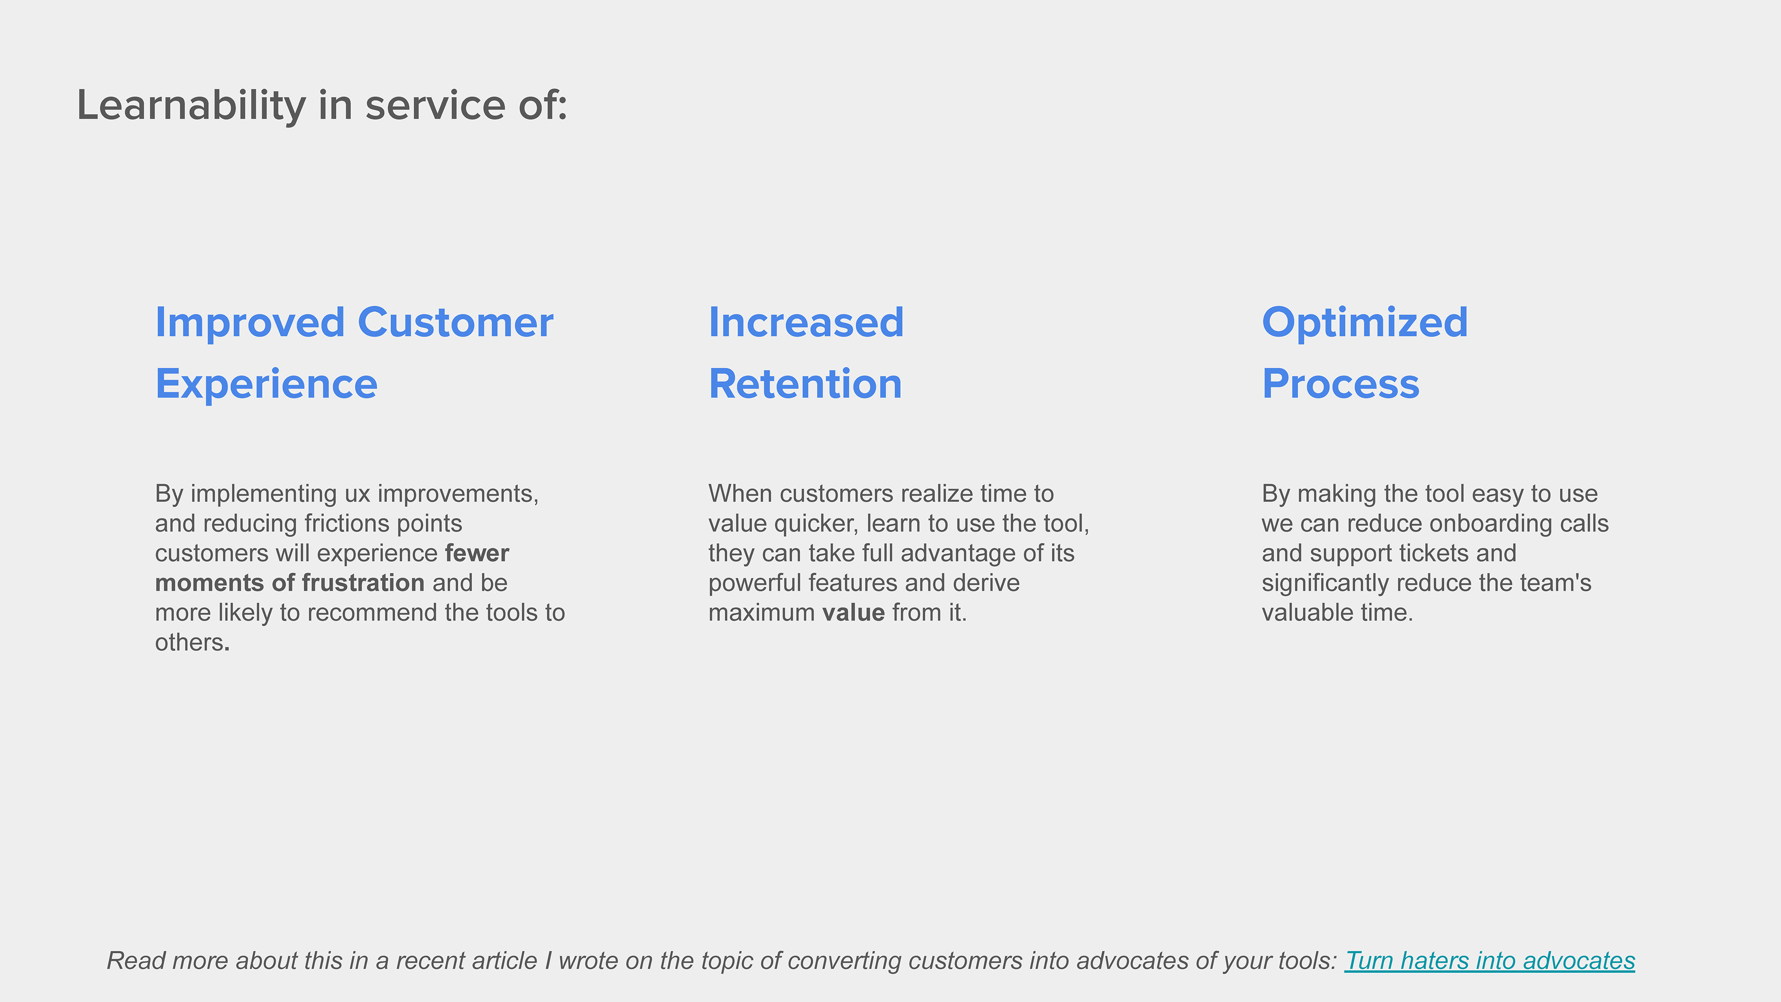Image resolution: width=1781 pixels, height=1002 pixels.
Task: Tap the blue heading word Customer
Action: click(x=455, y=322)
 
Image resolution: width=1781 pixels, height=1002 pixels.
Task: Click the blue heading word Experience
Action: click(x=266, y=385)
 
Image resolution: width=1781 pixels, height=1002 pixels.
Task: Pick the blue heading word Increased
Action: click(x=806, y=322)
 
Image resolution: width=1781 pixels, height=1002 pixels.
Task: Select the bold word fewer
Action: click(x=477, y=553)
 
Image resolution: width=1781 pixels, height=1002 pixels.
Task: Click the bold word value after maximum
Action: click(x=853, y=613)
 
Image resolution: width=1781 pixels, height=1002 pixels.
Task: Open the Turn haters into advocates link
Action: click(x=1489, y=961)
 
